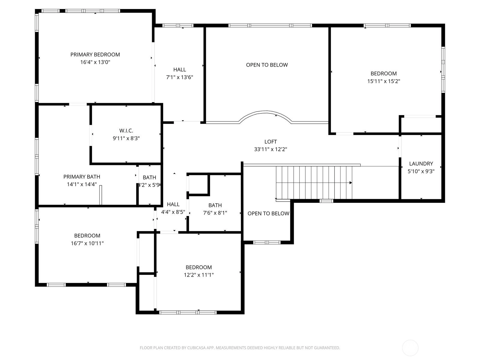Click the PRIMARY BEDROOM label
(x=95, y=55)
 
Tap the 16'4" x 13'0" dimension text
(x=95, y=62)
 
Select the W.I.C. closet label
(x=126, y=131)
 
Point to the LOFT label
(x=271, y=142)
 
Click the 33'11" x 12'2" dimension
(x=271, y=149)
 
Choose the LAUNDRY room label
(x=421, y=164)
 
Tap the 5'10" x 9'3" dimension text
(x=421, y=171)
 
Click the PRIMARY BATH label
(x=82, y=177)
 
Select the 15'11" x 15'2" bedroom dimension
(x=384, y=81)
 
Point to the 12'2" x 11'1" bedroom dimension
(x=199, y=275)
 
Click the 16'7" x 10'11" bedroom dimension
(x=87, y=243)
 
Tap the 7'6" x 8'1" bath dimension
(x=215, y=213)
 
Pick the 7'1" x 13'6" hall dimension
(x=179, y=77)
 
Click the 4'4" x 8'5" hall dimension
(x=173, y=212)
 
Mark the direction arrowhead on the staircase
(x=350, y=183)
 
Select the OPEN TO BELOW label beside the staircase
(x=268, y=214)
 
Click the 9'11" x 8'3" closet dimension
(x=126, y=138)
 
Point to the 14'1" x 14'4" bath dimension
(x=82, y=184)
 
